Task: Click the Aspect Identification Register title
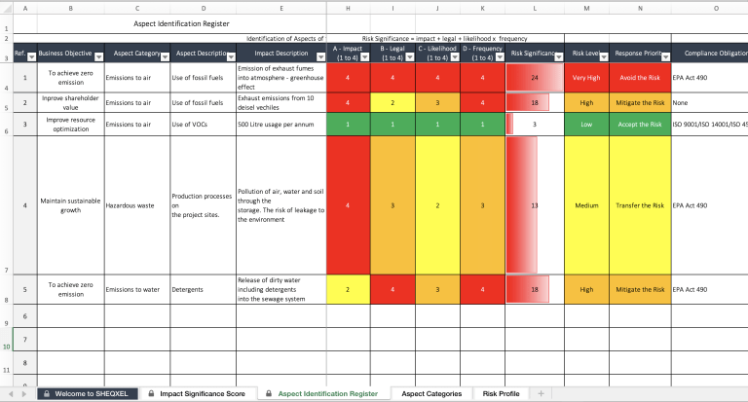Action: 181,23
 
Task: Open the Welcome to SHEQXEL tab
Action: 88,393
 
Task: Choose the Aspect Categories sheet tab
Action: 431,393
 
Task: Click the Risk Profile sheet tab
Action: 501,393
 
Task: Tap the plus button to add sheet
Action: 541,393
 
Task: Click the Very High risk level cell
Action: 586,77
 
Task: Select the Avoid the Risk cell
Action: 640,77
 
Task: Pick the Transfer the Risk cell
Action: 640,205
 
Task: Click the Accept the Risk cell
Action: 640,125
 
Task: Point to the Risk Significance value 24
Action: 535,77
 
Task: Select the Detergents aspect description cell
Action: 202,289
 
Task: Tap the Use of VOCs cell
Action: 202,125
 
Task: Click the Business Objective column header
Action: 65,54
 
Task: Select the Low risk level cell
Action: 586,125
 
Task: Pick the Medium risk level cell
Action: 586,205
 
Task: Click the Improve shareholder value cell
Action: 70,102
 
